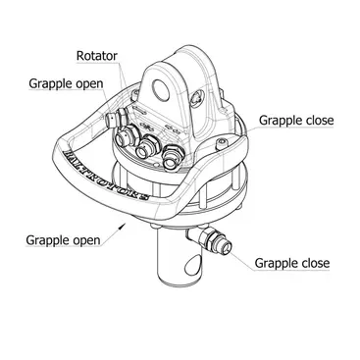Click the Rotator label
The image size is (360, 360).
96,56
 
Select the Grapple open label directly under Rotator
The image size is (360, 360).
66,83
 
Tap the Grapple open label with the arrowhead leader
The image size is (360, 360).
63,240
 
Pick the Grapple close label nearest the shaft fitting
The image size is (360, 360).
292,263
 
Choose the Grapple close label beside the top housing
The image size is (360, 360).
296,120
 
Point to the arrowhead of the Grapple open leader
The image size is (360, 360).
123,225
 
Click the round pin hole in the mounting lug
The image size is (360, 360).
162,90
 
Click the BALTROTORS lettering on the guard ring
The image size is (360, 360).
107,176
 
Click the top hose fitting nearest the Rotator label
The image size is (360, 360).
125,137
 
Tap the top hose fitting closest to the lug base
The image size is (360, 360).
173,158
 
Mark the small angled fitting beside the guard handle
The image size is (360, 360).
116,118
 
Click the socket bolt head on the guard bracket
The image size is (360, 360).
223,142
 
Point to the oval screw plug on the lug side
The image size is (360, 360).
197,97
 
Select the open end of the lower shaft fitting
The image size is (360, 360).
227,247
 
